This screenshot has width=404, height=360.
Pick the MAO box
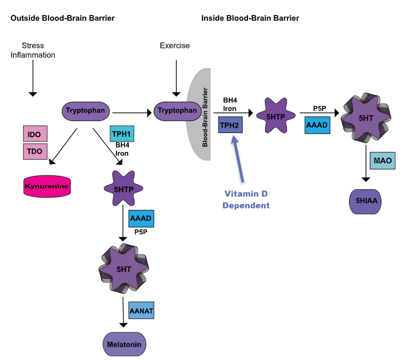tap(383, 160)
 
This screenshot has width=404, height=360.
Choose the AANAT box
tap(141, 310)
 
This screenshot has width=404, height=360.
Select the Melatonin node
tap(124, 344)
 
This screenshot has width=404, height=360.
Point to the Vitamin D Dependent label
tap(246, 200)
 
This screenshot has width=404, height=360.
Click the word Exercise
tap(175, 46)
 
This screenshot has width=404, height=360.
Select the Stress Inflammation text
tap(33, 50)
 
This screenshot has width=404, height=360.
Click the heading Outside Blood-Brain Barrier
tap(63, 18)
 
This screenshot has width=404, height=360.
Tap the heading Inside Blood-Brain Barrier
tap(250, 18)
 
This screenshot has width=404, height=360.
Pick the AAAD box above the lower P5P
tap(141, 219)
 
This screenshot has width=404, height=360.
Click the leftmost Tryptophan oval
tap(88, 112)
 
